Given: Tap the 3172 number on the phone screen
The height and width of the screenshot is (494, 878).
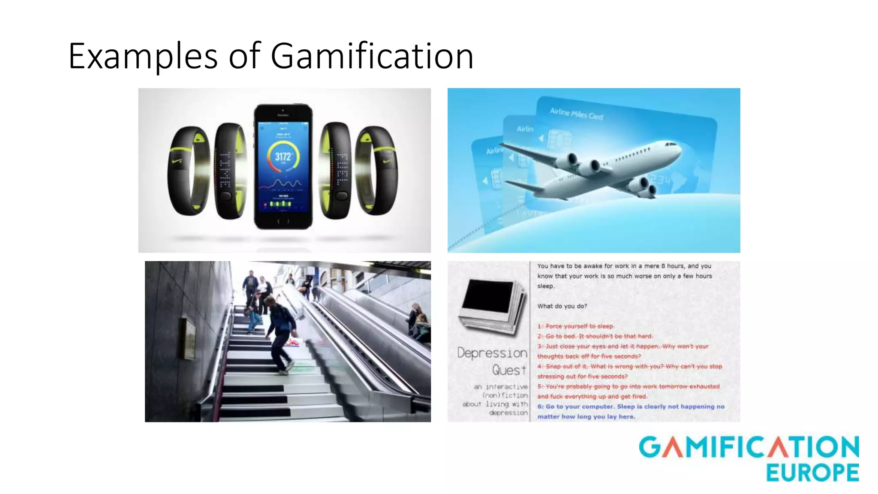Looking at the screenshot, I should (x=283, y=157).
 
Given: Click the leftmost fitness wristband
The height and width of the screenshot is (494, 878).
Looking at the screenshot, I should (x=189, y=170).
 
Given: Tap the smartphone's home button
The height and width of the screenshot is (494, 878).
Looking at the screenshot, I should (x=283, y=222).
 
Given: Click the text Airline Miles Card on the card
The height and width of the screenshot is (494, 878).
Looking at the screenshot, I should (x=576, y=114).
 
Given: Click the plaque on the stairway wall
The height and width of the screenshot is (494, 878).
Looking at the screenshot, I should (x=189, y=339).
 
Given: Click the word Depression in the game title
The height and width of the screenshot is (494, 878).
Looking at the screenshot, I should (x=492, y=353).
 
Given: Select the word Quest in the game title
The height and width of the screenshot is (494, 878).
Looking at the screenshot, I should (x=509, y=370).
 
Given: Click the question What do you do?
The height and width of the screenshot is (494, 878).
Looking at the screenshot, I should (x=562, y=306).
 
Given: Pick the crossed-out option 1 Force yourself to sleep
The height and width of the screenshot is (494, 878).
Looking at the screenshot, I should (x=575, y=326).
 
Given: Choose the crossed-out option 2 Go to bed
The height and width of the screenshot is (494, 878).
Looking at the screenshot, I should (x=595, y=336).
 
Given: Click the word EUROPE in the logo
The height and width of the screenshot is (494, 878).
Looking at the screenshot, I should (x=812, y=473).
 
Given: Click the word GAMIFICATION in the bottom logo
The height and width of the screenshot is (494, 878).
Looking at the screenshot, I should (x=749, y=447).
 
